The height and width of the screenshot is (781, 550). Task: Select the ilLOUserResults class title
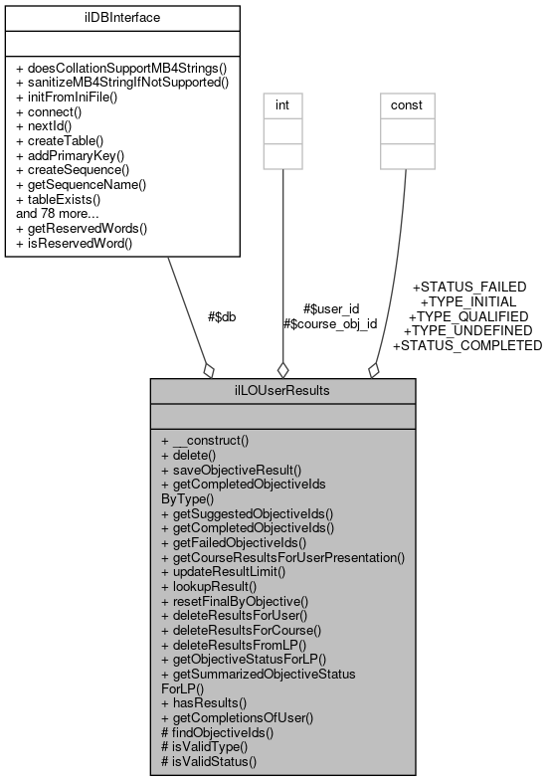click(281, 391)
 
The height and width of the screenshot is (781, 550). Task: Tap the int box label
click(282, 102)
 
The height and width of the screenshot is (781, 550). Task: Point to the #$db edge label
click(221, 316)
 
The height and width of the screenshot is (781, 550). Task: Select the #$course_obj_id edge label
click(330, 323)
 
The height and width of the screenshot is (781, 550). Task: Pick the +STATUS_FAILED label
click(468, 287)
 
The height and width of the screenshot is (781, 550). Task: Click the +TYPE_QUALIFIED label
click(468, 315)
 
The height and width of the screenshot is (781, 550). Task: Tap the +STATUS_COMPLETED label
click(467, 345)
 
